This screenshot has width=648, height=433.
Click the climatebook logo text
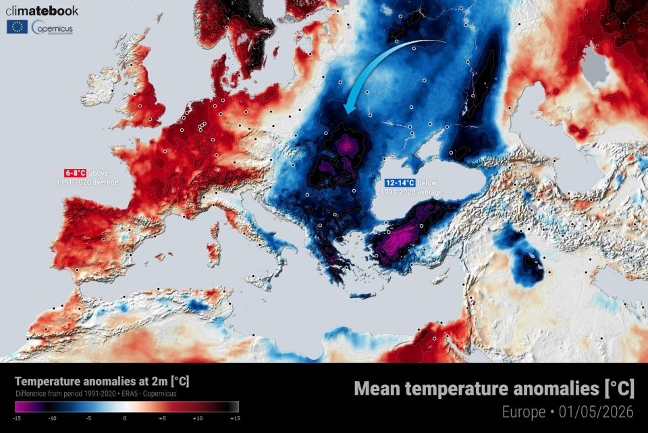click(x=42, y=11)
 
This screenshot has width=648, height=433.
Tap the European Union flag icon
click(x=17, y=27)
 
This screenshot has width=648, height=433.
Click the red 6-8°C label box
click(x=75, y=173)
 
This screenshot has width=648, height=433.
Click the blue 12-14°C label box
click(x=400, y=183)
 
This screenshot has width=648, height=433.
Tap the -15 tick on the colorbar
click(x=16, y=419)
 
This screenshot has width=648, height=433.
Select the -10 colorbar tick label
click(x=51, y=419)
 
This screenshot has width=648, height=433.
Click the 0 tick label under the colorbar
click(x=125, y=419)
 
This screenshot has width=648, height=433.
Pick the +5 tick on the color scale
click(x=163, y=419)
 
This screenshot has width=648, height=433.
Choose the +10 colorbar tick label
click(x=198, y=419)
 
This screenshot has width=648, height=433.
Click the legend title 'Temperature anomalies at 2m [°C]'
click(x=102, y=382)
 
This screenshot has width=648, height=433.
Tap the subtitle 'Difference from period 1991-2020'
click(x=64, y=394)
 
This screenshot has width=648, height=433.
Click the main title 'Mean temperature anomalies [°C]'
click(x=494, y=388)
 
